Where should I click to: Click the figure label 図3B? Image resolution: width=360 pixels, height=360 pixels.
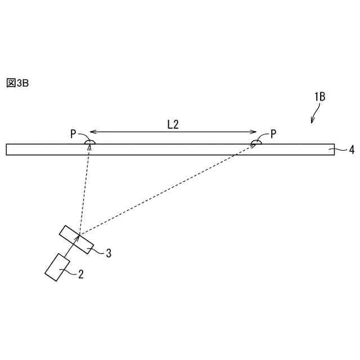17,83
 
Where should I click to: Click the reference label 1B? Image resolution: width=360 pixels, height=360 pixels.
319,97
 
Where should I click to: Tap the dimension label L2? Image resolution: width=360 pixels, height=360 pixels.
173,125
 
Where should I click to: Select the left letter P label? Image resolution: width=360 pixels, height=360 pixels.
73,134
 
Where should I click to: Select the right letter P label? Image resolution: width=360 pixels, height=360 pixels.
273,134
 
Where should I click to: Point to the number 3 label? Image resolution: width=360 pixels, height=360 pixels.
108,253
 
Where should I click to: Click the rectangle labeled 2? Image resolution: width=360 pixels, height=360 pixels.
56,267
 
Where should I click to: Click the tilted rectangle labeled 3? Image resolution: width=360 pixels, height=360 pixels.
77,238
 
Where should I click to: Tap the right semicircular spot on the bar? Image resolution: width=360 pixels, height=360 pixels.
256,143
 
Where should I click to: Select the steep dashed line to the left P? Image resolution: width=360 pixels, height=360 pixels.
83,191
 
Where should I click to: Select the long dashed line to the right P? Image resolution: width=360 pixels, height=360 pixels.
169,188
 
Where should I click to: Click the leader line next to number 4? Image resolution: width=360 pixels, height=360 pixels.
340,150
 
